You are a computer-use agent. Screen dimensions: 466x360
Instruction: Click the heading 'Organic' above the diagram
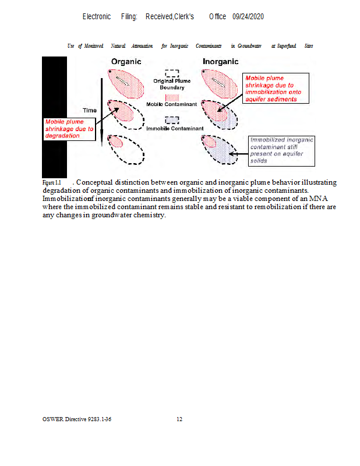coord(126,62)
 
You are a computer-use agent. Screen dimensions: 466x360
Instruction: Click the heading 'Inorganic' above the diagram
coord(220,62)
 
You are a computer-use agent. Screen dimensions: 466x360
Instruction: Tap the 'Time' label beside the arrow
coord(90,110)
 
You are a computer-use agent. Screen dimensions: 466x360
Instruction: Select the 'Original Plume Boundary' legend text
coord(172,84)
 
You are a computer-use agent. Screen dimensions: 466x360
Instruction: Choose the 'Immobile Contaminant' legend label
coord(175,128)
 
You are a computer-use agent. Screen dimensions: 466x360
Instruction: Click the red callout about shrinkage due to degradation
coord(69,129)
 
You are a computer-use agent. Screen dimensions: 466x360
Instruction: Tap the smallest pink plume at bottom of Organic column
coord(115,142)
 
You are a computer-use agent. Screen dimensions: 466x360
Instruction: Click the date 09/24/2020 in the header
coord(248,17)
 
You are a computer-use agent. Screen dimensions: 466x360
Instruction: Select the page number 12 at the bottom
coord(179,419)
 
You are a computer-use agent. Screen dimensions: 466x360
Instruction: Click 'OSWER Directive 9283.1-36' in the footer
coord(77,419)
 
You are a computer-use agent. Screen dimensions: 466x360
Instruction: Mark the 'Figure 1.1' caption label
coord(51,182)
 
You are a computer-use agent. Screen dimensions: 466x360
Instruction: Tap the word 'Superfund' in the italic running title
coord(287,45)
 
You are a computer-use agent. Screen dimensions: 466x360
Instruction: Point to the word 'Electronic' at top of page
coord(97,17)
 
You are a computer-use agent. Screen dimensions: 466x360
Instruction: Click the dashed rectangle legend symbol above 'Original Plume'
coord(171,73)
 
